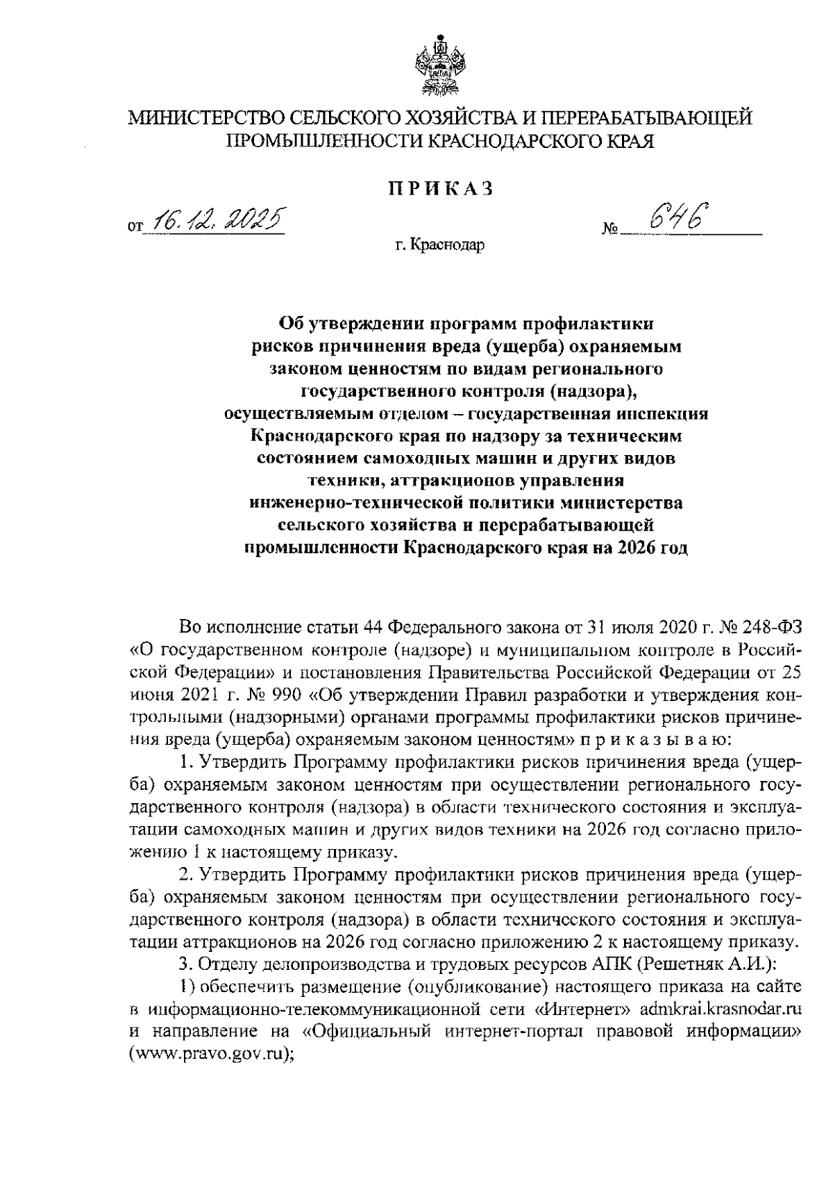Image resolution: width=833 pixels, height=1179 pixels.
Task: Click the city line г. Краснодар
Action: (x=440, y=245)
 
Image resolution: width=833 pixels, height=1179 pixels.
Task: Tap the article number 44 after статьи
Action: (x=369, y=628)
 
